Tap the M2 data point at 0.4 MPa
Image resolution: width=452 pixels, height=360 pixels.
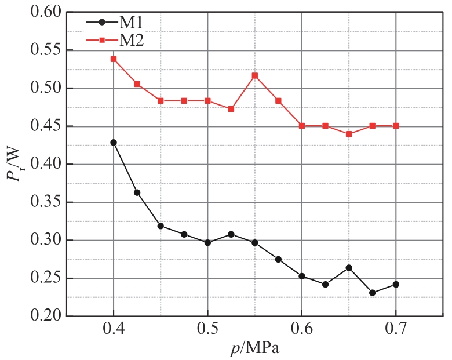tap(114, 59)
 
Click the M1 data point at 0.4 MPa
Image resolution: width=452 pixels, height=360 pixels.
tap(114, 143)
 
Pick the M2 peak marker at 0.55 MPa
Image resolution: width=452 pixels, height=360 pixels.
tap(255, 76)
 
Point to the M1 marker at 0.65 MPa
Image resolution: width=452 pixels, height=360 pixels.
tap(349, 268)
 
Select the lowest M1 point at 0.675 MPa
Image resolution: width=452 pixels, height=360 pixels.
tap(372, 293)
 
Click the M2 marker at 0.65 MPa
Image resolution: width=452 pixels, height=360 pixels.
tap(349, 134)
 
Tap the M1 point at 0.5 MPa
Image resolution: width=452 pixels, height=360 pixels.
tap(207, 242)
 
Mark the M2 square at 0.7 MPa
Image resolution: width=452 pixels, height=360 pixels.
tap(396, 126)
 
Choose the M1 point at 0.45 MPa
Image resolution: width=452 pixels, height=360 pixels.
tap(161, 226)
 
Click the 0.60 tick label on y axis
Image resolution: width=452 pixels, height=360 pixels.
tap(45, 13)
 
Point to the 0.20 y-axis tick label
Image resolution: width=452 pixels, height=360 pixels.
tap(45, 317)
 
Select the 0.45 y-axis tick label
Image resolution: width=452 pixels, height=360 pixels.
tap(45, 126)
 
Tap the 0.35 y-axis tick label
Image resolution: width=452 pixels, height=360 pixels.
tap(45, 202)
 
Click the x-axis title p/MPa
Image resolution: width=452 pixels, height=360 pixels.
tap(255, 349)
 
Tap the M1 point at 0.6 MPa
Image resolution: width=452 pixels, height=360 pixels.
tap(302, 277)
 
